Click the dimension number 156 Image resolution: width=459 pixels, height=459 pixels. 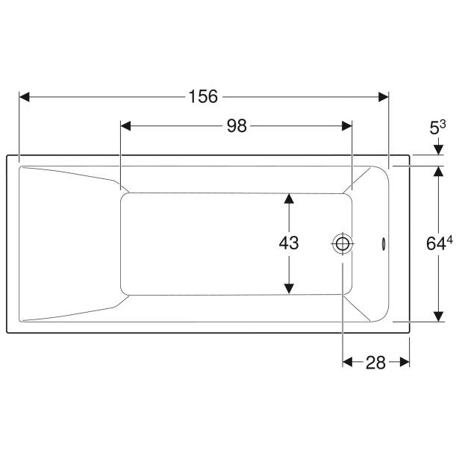(203, 96)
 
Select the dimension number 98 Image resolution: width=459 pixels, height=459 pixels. (237, 126)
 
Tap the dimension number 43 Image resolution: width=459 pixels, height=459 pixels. (289, 243)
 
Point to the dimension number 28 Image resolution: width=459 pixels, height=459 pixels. (375, 363)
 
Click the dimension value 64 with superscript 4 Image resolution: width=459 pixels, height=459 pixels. (440, 243)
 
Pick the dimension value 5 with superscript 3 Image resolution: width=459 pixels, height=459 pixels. (437, 128)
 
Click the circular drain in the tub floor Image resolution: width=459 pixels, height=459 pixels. (343, 243)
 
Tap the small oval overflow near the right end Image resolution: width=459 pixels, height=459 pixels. (383, 243)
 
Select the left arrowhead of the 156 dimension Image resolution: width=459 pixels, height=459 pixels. (25, 97)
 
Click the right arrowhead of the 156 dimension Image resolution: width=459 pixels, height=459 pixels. (383, 97)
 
